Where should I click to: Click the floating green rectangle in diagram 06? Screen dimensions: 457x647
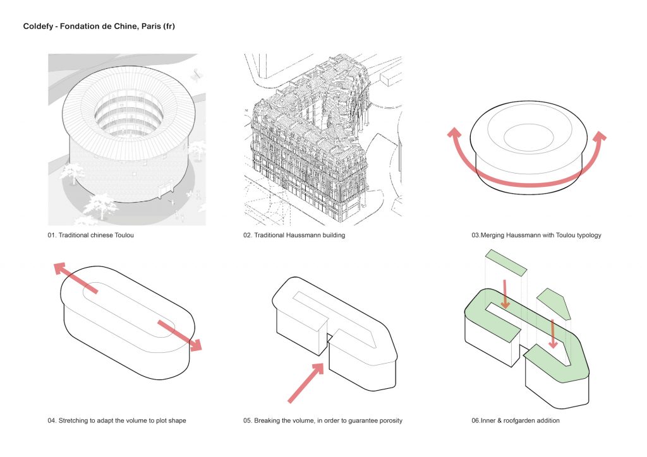pyautogui.click(x=505, y=262)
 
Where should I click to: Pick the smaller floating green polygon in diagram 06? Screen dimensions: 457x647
pyautogui.click(x=555, y=303)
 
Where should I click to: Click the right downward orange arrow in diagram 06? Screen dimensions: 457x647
pyautogui.click(x=553, y=335)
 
